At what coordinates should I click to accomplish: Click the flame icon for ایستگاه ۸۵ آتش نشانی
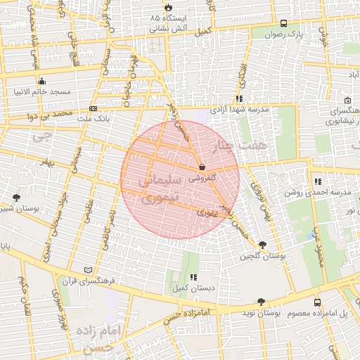[x=169, y=6]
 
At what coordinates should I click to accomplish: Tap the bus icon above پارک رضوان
[x=283, y=23]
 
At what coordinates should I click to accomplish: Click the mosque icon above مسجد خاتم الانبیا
[x=42, y=81]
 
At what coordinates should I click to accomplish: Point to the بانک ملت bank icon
[x=94, y=108]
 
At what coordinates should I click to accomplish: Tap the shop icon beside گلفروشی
[x=202, y=168]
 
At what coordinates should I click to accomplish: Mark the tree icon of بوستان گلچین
[x=262, y=245]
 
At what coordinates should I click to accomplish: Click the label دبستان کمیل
[x=184, y=288]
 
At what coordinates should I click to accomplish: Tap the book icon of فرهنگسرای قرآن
[x=88, y=270]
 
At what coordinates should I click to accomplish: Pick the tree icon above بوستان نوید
[x=262, y=301]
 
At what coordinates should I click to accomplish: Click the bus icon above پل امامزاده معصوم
[x=316, y=302]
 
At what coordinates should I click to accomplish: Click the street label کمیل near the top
[x=203, y=32]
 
